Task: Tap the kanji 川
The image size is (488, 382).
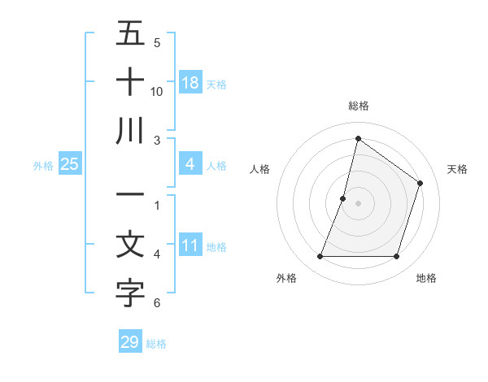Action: [130, 130]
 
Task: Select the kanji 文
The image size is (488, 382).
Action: [130, 245]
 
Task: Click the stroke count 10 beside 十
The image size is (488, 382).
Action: [157, 91]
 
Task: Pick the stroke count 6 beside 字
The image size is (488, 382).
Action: [157, 303]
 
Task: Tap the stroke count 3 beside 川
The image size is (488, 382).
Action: [157, 140]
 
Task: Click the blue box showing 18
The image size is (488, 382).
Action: [190, 83]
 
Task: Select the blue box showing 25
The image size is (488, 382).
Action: [70, 164]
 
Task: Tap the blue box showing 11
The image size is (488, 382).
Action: [190, 245]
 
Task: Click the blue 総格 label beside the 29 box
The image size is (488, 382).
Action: [156, 343]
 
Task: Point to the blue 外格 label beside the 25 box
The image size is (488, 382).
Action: [43, 165]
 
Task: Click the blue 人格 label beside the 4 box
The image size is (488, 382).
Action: [216, 165]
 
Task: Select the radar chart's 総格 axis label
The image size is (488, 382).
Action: [358, 106]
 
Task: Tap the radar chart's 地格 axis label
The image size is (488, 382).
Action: [426, 278]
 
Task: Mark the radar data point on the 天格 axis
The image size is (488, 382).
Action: [420, 183]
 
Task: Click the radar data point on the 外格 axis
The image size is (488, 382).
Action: [320, 257]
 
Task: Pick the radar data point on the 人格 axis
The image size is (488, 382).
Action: [343, 198]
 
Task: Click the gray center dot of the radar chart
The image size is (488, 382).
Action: [358, 203]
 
